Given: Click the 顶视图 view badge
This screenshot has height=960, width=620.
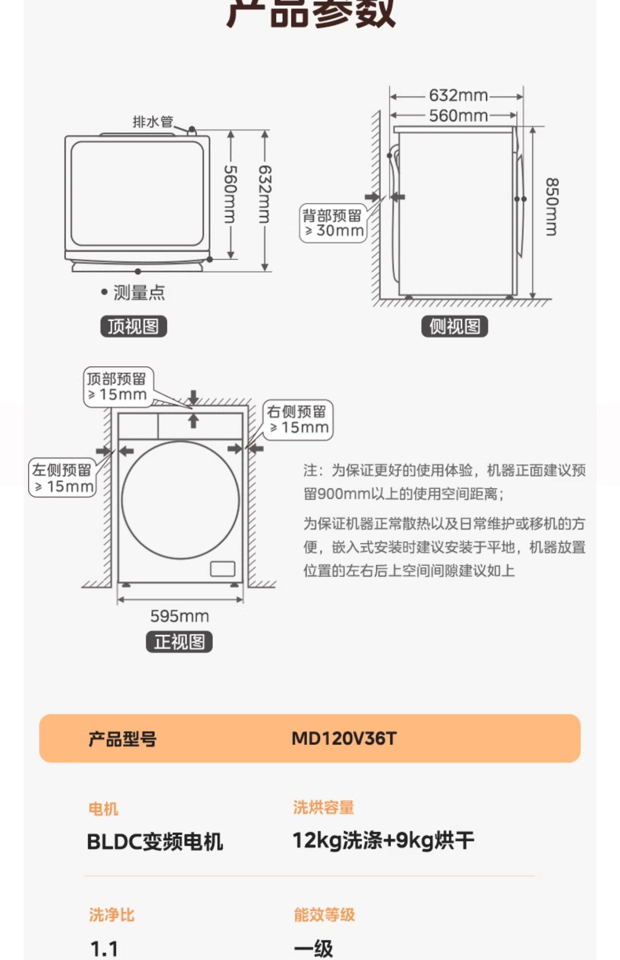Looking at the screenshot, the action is point(134,326).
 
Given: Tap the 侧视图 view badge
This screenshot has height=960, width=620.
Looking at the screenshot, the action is point(455,327).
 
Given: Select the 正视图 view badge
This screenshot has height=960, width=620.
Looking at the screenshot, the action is point(179,642).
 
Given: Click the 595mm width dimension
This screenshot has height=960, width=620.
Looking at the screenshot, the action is point(179,616).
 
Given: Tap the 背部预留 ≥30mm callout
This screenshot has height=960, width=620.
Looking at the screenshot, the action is point(333,223).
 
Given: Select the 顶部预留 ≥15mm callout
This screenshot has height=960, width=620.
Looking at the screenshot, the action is point(118,387).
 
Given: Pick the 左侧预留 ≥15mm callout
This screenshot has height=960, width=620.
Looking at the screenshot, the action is point(62,478).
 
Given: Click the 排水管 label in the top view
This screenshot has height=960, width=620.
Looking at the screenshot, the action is point(153,122).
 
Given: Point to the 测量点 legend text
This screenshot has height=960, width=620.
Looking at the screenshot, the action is point(139,293).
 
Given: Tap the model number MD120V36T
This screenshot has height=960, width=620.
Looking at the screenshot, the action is point(344,738).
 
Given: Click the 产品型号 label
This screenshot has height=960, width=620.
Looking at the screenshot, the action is point(122,739).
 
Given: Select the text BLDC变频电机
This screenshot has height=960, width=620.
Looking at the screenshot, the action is point(155,841).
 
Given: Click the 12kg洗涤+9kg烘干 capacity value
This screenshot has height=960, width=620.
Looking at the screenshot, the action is point(383,841).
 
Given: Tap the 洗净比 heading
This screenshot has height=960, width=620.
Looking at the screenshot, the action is point(112,915).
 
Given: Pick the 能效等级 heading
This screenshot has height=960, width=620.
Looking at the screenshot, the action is point(324,915).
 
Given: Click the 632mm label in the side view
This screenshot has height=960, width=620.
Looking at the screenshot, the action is point(458,96).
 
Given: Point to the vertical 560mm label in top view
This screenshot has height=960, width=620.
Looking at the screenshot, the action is point(230,194).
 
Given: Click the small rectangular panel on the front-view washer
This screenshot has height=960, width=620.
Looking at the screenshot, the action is point(223,569).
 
